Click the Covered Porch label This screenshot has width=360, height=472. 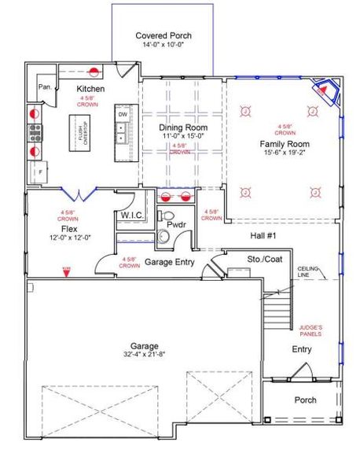[163, 36]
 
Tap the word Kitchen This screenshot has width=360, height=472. [90, 90]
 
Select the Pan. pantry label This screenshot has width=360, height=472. [45, 87]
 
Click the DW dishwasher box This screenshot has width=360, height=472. [123, 115]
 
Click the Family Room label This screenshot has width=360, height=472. [285, 145]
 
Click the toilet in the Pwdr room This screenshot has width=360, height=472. [166, 216]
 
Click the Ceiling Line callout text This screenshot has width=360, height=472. [309, 272]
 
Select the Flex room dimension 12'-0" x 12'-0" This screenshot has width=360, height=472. [64, 237]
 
